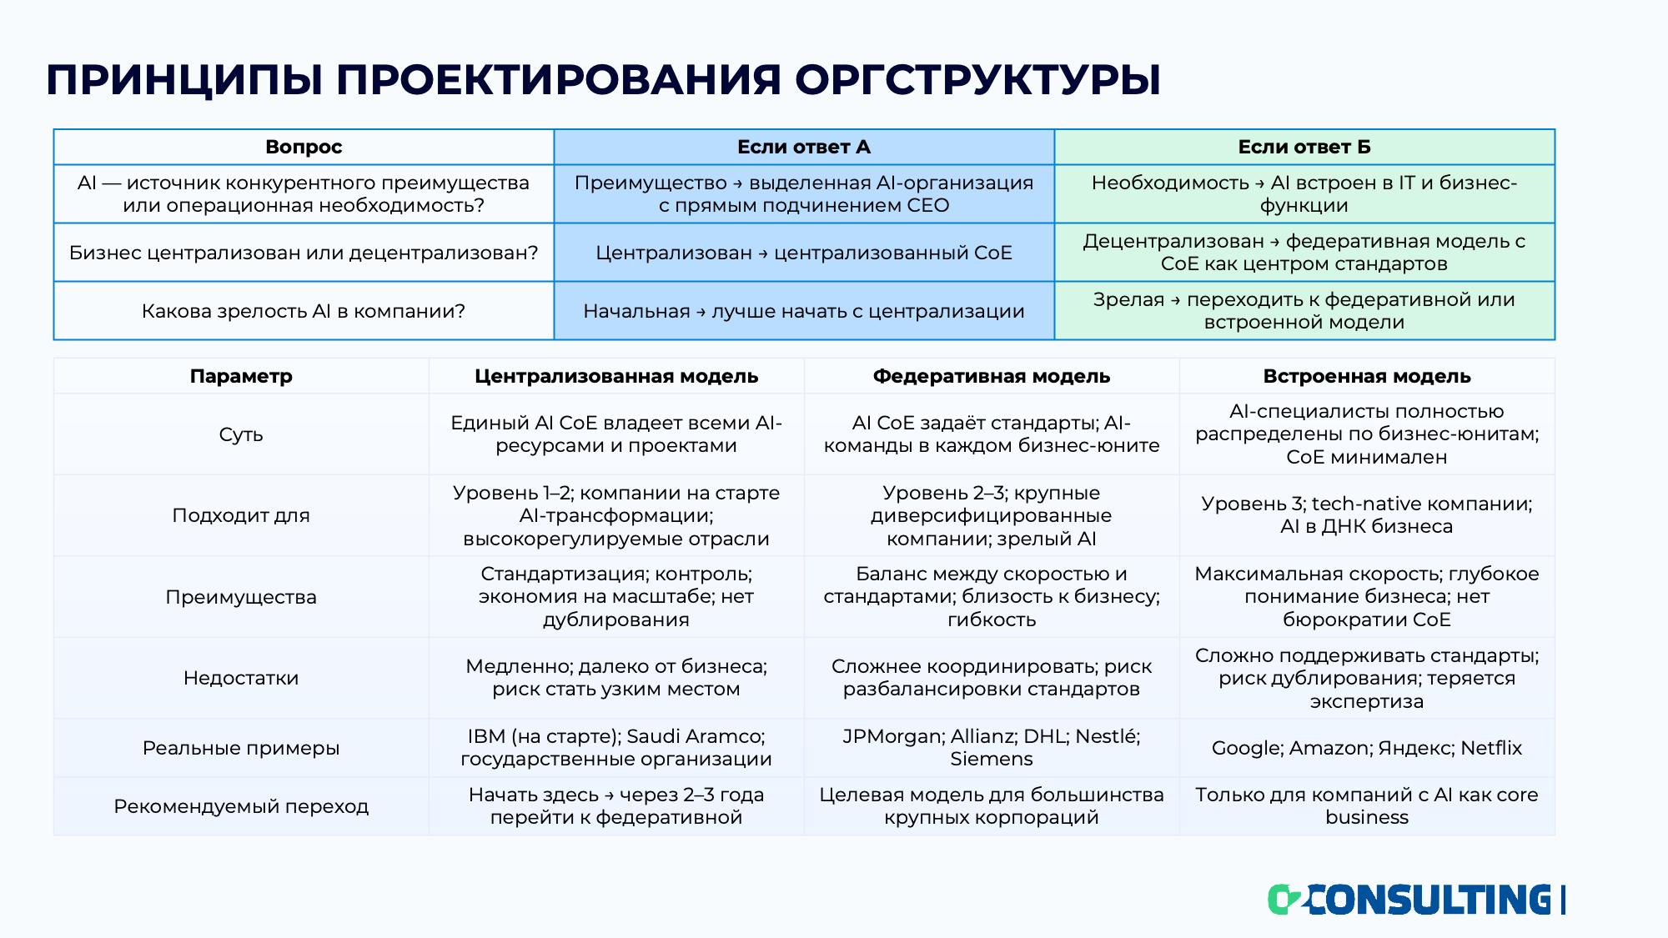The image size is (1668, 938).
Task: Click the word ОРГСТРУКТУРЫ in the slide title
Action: pos(977,80)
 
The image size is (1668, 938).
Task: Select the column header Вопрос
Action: pos(304,147)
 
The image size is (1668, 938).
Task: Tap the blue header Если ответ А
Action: pos(804,147)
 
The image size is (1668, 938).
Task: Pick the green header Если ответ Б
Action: pos(1304,147)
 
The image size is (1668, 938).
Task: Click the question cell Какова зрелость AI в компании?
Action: pos(304,311)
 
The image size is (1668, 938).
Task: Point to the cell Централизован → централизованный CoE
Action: pos(804,253)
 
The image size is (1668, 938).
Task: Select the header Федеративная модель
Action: pos(992,376)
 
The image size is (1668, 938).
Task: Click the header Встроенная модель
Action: pos(1367,376)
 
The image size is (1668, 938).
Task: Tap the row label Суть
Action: pos(241,434)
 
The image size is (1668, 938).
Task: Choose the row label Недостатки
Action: pos(241,678)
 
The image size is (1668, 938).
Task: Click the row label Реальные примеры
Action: pos(241,748)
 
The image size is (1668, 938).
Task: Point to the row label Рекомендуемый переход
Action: pos(241,806)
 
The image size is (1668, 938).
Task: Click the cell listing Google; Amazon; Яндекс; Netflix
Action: pos(1367,748)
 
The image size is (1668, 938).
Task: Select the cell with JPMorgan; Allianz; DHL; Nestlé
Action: pos(992,748)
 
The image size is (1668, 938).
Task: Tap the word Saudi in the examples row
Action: pos(654,736)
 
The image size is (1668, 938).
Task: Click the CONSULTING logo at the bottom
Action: pos(1416,900)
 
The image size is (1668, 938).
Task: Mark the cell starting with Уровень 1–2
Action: pos(616,515)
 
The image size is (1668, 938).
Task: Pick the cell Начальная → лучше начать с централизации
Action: pos(804,311)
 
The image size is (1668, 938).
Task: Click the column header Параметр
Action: pos(241,376)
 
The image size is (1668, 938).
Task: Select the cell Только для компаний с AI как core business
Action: pos(1367,806)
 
